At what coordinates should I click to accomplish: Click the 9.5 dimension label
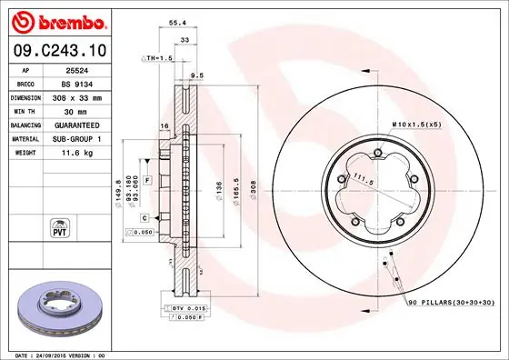coord(196,75)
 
